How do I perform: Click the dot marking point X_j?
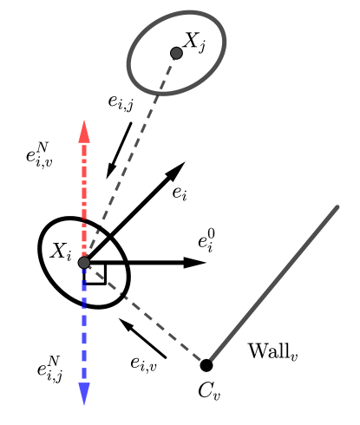click(x=177, y=53)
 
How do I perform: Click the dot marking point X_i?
click(x=84, y=262)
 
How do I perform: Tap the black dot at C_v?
click(x=206, y=364)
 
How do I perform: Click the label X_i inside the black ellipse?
click(x=60, y=252)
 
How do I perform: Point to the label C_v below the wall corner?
click(x=209, y=389)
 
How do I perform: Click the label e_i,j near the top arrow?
click(x=121, y=103)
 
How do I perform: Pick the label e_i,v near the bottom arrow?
click(x=143, y=363)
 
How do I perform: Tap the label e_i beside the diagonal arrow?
click(x=180, y=193)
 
